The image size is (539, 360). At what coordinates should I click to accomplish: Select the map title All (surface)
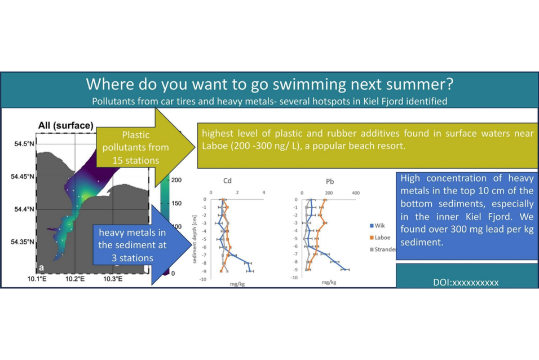pos(65,125)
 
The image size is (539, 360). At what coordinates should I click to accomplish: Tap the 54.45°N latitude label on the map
pos(23,177)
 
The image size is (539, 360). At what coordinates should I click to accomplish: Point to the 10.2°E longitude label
pos(75,279)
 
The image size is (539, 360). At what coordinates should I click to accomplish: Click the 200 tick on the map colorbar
pos(176,180)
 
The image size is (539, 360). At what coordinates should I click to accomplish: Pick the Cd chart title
pos(227,181)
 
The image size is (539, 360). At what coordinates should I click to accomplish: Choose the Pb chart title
pos(330,181)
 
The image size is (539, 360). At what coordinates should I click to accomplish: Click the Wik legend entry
pos(377,226)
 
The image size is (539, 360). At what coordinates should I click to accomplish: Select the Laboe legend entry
pos(380,238)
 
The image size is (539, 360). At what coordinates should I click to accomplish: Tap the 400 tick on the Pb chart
pos(356,193)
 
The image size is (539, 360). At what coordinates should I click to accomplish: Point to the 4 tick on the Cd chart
pos(264,193)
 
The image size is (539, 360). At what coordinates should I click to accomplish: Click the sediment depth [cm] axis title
pos(195,240)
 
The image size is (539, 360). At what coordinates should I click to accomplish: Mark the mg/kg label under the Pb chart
pos(329,282)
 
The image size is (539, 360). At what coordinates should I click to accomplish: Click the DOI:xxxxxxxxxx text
pos(466,283)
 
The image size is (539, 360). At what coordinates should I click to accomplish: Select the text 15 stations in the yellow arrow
pos(136,160)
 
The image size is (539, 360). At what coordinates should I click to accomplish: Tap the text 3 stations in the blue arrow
pos(132,258)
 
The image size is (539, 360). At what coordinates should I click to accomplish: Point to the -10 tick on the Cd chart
pos(203,279)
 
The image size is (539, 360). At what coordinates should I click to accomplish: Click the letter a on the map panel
pos(42,268)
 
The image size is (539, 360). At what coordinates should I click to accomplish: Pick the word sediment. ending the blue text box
pos(422,242)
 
